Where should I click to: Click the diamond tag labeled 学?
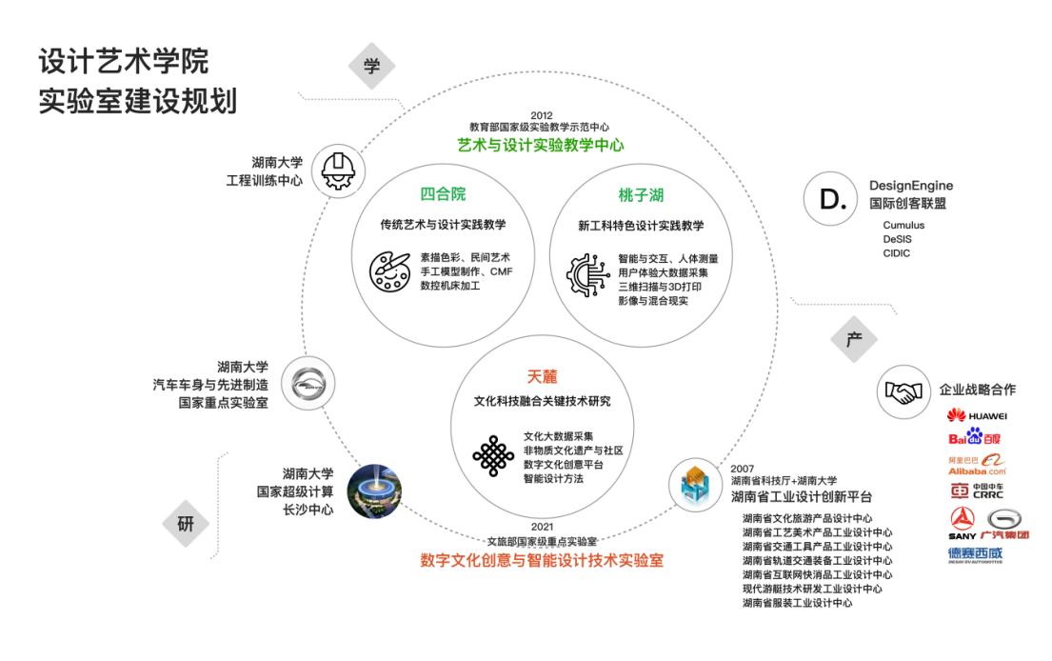371,66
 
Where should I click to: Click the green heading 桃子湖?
641,195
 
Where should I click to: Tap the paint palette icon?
393,270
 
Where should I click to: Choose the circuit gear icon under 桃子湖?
589,277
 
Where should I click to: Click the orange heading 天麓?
542,375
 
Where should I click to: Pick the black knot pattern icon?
493,456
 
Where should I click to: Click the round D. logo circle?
832,199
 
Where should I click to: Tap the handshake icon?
903,391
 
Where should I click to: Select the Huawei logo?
977,415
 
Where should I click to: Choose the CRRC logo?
977,491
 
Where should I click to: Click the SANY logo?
963,523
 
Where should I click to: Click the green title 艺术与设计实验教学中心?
541,145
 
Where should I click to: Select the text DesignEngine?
910,186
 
